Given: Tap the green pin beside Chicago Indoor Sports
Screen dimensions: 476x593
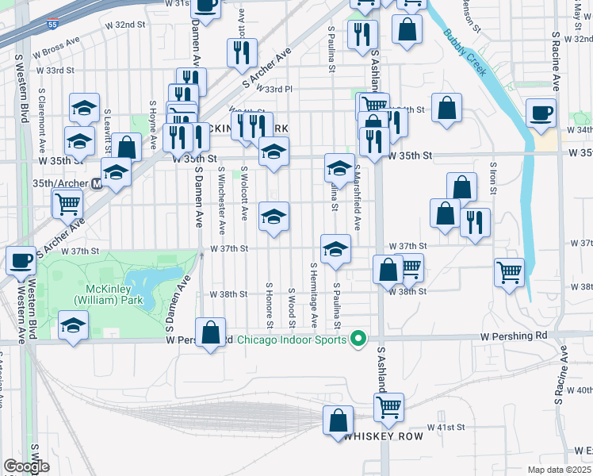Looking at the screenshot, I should click(x=358, y=340).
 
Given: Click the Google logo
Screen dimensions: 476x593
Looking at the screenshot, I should click(x=26, y=466).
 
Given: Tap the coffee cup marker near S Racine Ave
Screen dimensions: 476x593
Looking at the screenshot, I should click(x=541, y=113).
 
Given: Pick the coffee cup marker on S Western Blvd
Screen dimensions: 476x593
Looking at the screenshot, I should click(x=21, y=259).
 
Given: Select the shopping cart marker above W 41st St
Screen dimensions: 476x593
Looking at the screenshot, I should click(x=388, y=407).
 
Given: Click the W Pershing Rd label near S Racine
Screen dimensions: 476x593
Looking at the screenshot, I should click(x=514, y=336).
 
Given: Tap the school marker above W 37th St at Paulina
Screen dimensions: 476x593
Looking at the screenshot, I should click(x=335, y=249).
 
